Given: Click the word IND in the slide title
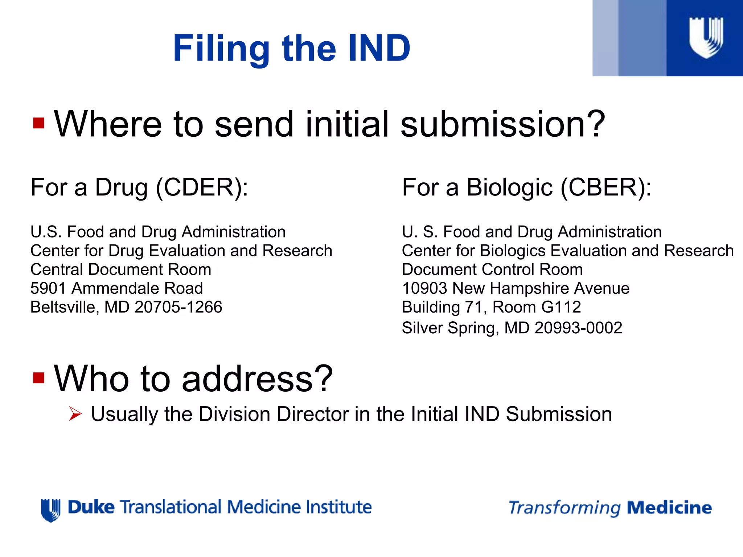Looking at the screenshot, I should [x=378, y=48].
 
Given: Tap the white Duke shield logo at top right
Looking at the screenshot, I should [x=706, y=37].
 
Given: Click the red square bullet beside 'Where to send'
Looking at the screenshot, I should [x=38, y=123].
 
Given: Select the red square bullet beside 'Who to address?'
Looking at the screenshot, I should [x=38, y=378].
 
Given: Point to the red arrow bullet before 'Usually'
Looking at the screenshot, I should [x=75, y=414].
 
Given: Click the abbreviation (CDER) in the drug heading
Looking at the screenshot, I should [x=202, y=187].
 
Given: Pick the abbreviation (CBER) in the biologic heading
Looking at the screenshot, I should [x=606, y=187].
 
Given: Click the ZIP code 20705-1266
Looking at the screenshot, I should [x=178, y=307].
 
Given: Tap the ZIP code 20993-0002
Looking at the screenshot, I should [x=578, y=328].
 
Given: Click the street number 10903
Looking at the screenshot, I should [x=424, y=288].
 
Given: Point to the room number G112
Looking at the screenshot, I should [x=561, y=307].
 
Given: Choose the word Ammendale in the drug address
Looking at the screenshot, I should [x=116, y=288].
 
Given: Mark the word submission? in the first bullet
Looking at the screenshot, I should [x=503, y=124].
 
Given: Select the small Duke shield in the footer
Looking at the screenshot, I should [x=50, y=509].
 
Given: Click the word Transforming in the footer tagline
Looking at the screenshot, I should [x=565, y=508].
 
